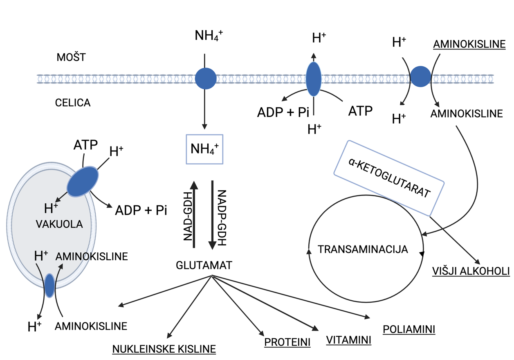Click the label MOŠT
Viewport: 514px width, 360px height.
click(71, 57)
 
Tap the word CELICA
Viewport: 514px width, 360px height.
click(73, 103)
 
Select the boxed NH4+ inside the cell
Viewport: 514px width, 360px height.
click(204, 149)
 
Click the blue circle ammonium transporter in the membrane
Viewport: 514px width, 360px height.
click(206, 78)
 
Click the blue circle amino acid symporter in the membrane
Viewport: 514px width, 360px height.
click(420, 77)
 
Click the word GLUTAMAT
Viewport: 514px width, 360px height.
click(204, 265)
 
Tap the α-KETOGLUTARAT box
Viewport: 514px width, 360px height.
click(388, 178)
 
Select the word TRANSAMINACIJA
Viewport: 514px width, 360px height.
click(363, 249)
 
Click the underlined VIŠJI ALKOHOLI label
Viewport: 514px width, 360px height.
click(471, 271)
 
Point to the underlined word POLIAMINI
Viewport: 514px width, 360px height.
click(409, 329)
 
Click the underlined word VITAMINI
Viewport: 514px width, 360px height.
click(348, 340)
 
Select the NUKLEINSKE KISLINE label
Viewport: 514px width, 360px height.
click(164, 349)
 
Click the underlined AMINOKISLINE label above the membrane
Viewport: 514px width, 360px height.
click(469, 44)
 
